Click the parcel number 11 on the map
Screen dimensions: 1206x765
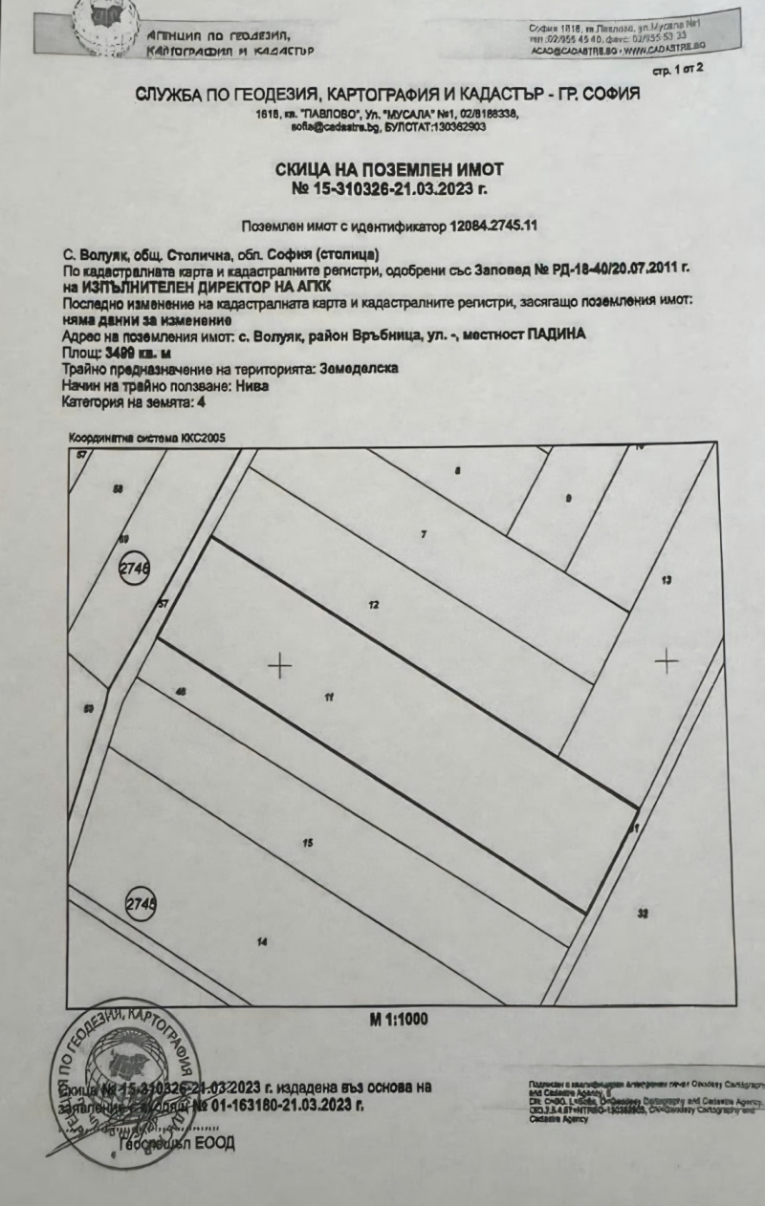point(328,698)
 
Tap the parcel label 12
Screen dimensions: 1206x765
point(374,605)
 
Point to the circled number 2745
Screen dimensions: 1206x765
point(141,902)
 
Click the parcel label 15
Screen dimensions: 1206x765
point(308,842)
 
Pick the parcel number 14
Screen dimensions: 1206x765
point(261,942)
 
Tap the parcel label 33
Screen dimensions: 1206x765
point(643,914)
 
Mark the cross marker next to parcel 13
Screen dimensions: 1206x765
point(666,660)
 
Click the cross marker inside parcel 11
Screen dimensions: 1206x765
point(279,665)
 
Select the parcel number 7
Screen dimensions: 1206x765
point(423,534)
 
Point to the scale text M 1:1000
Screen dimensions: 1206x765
point(399,1019)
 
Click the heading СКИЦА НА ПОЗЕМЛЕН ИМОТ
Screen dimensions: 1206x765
point(389,169)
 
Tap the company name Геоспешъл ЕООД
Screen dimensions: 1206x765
point(176,1144)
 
